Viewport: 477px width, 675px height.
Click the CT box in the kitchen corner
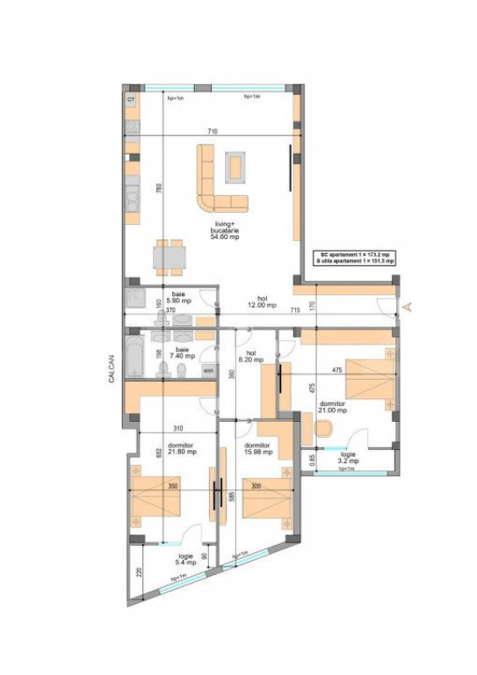(131, 100)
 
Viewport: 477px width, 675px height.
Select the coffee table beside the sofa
(235, 164)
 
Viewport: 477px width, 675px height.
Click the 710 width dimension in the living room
(212, 131)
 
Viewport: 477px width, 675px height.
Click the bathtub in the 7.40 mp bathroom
(136, 356)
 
